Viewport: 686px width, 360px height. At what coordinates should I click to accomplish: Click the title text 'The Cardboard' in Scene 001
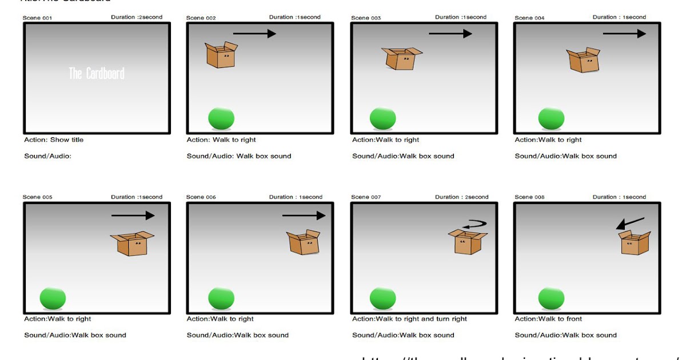pyautogui.click(x=97, y=74)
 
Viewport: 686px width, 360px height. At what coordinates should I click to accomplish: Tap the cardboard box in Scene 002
pyautogui.click(x=221, y=55)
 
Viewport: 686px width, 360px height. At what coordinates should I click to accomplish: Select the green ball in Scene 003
pyautogui.click(x=383, y=118)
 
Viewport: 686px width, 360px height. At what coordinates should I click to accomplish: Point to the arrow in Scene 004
pyautogui.click(x=624, y=34)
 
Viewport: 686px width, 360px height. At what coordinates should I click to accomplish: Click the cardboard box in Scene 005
pyautogui.click(x=133, y=243)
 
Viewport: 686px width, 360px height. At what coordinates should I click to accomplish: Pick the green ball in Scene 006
pyautogui.click(x=221, y=298)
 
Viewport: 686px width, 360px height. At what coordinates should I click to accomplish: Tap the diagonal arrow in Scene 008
pyautogui.click(x=630, y=223)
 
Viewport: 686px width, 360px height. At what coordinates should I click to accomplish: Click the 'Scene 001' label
pyautogui.click(x=37, y=18)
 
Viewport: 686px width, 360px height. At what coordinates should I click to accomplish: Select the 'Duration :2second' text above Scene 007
pyautogui.click(x=461, y=197)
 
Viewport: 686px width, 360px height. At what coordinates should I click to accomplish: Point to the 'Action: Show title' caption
pyautogui.click(x=54, y=140)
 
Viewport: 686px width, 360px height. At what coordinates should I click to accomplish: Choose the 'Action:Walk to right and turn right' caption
pyautogui.click(x=409, y=319)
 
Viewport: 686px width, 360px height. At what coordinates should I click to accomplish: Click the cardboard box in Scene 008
pyautogui.click(x=635, y=242)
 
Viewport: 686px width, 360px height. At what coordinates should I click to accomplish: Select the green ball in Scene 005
pyautogui.click(x=53, y=298)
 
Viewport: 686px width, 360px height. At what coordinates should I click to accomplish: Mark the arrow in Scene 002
pyautogui.click(x=254, y=34)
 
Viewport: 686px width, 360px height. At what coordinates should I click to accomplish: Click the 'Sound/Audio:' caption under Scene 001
pyautogui.click(x=47, y=156)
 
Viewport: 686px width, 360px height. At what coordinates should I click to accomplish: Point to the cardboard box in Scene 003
pyautogui.click(x=402, y=59)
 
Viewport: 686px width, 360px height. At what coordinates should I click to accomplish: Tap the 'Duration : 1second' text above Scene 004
pyautogui.click(x=619, y=17)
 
